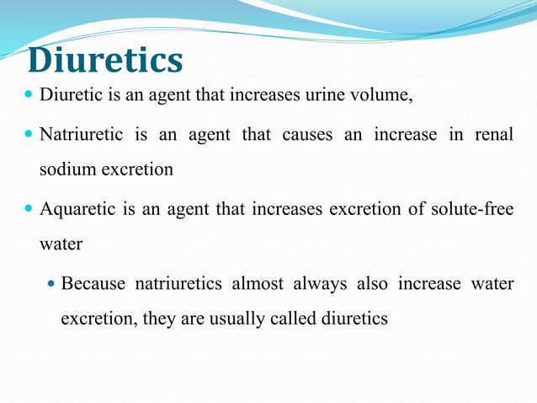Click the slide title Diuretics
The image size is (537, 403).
coord(105,61)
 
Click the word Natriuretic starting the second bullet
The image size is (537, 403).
coord(81,135)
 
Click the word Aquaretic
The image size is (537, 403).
coord(77,209)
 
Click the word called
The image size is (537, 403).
coord(291,320)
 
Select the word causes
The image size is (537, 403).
coord(306,135)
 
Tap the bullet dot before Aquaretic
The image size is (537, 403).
coord(30,209)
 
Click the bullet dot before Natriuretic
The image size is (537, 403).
coord(30,135)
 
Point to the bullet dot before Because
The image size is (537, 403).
coord(51,283)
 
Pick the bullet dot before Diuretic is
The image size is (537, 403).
coord(30,94)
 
